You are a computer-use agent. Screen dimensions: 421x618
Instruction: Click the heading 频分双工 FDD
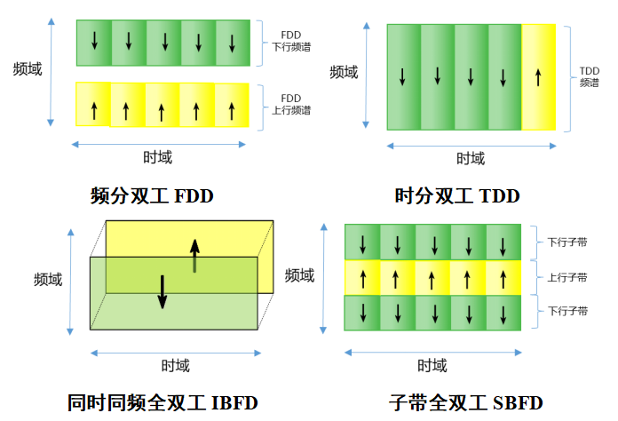click(152, 195)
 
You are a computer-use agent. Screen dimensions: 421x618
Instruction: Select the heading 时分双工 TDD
click(456, 195)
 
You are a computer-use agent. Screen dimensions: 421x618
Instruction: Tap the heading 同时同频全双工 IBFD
click(162, 401)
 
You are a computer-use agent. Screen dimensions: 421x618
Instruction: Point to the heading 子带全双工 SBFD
click(465, 401)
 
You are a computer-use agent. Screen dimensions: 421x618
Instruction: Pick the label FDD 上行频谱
click(290, 104)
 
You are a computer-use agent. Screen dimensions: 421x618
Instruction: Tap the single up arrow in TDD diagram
click(537, 78)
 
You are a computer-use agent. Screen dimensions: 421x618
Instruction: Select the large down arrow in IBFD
click(162, 291)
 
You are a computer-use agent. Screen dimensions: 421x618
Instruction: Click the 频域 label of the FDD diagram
click(28, 68)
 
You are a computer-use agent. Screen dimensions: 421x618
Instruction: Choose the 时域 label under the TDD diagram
click(471, 158)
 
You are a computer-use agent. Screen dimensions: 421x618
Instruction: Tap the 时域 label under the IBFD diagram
click(175, 364)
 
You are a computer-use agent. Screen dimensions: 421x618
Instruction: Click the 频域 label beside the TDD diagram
click(344, 72)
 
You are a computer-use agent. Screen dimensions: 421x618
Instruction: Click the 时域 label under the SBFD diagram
click(432, 365)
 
